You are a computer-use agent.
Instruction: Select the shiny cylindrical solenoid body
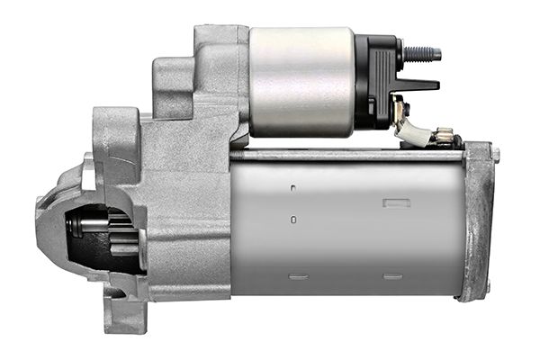click(x=301, y=81)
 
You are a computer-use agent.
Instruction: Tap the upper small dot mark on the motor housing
click(x=294, y=189)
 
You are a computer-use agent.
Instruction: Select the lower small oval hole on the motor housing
click(x=294, y=218)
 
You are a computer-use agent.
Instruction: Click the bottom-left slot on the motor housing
click(x=299, y=275)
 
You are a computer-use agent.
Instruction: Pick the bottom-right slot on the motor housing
click(x=392, y=275)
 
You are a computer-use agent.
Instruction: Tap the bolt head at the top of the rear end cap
click(x=494, y=154)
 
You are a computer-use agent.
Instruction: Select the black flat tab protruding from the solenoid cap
click(x=417, y=85)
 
